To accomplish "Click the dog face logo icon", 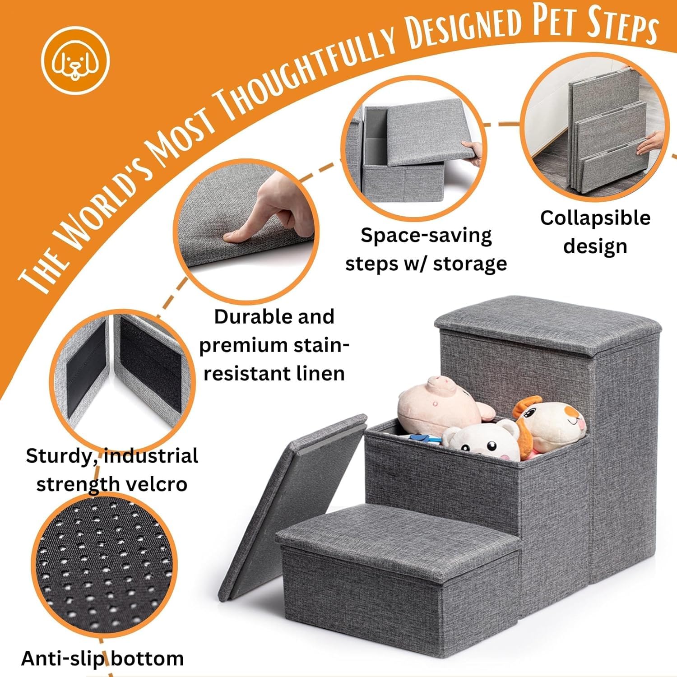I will pyautogui.click(x=75, y=61).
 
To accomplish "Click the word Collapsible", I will pyautogui.click(x=595, y=218).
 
